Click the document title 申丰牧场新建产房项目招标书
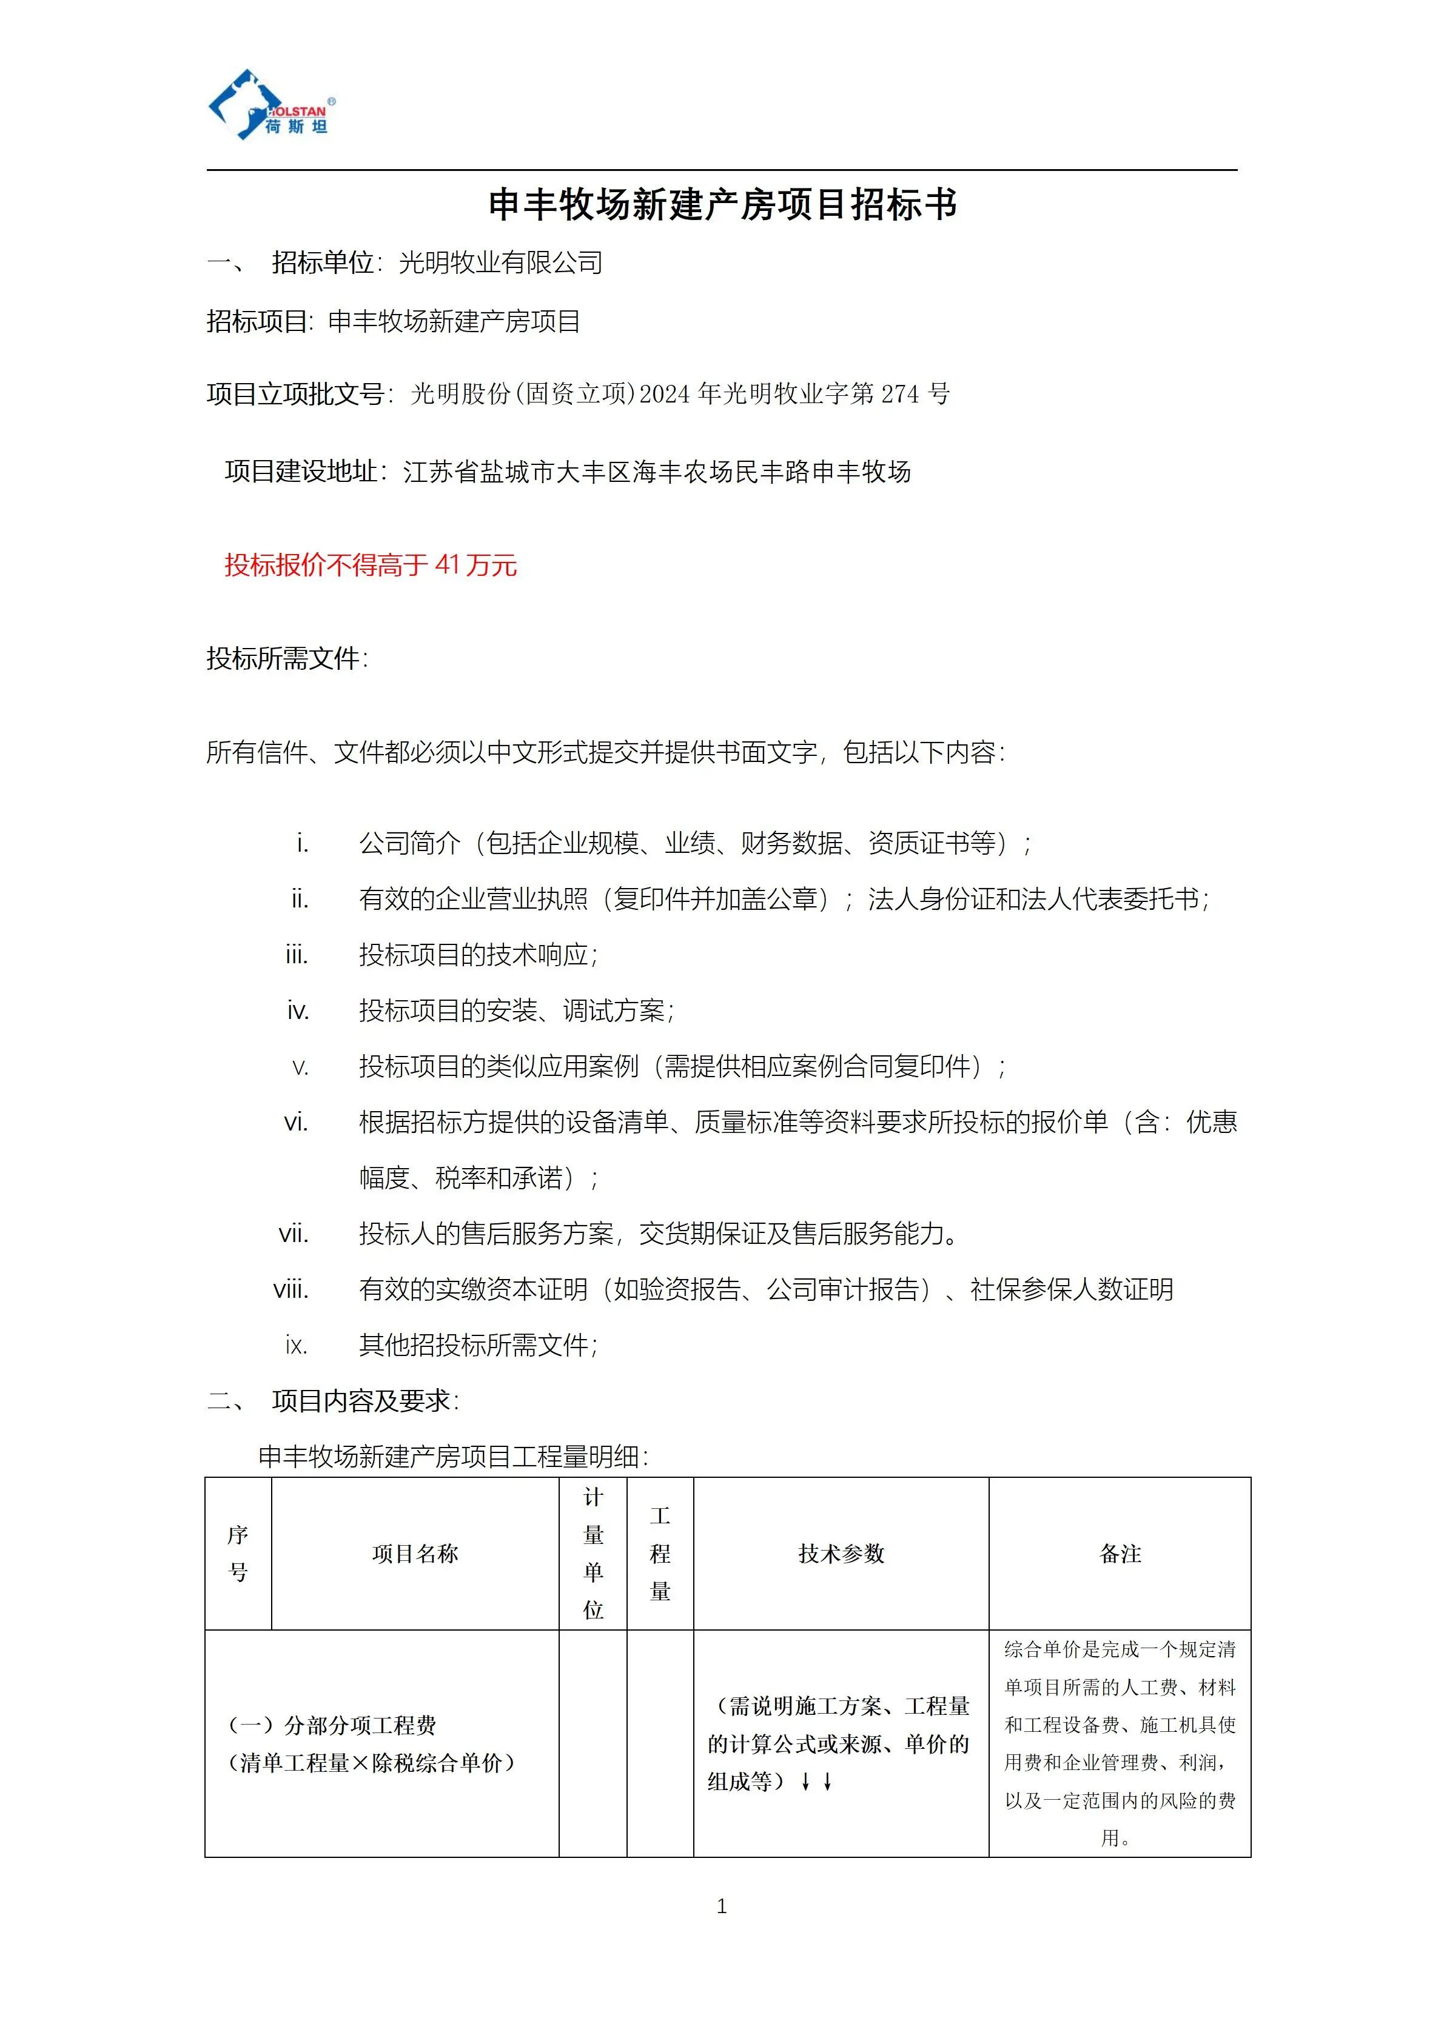tap(722, 204)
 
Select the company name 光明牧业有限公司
tap(500, 263)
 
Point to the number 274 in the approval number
tap(900, 394)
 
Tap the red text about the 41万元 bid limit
tap(370, 566)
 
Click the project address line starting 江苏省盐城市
tap(656, 472)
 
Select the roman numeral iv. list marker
tap(298, 1010)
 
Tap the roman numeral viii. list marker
tap(292, 1290)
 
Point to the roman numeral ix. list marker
tap(296, 1346)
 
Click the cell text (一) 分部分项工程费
tap(332, 1725)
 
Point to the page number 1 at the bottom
tap(721, 1907)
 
